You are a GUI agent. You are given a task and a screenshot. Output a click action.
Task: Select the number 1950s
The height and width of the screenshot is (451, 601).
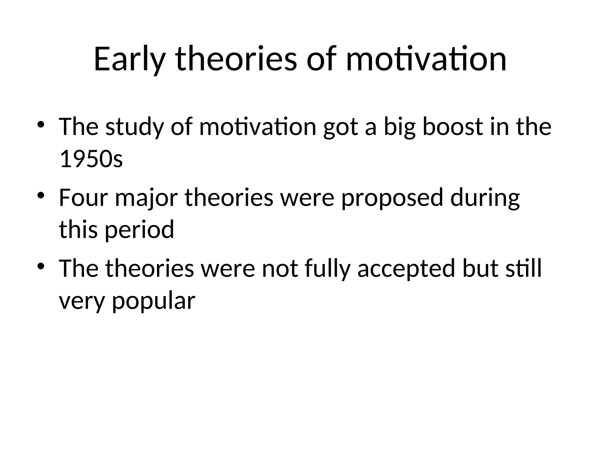[91, 159]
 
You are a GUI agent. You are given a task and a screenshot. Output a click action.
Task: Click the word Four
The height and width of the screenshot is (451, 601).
[83, 197]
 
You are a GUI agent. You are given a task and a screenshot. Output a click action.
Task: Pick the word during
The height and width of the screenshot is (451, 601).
[485, 197]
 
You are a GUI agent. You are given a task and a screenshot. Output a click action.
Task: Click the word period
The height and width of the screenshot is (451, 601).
[139, 230]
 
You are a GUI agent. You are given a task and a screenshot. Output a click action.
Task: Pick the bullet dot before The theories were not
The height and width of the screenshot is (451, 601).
[41, 266]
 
